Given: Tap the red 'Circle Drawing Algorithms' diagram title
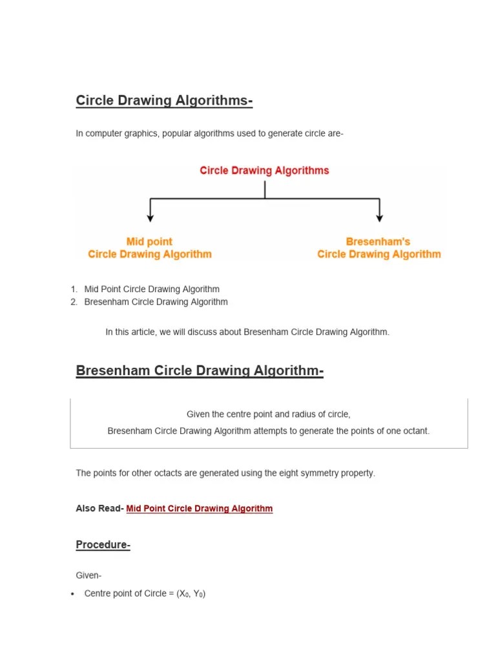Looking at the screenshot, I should [x=264, y=171].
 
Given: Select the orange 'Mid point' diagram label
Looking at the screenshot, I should [x=149, y=241].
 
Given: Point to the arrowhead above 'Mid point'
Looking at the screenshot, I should [x=150, y=218].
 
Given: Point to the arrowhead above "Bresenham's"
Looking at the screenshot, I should [x=379, y=218].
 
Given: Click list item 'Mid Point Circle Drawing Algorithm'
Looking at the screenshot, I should [x=152, y=289].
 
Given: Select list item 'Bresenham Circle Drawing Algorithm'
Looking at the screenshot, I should [x=156, y=302].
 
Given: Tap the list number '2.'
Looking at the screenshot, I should [x=74, y=302].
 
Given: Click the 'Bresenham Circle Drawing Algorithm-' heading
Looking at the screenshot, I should [x=200, y=370].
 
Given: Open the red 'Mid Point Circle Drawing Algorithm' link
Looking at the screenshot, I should [x=200, y=509].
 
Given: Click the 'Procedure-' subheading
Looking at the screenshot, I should [x=103, y=545].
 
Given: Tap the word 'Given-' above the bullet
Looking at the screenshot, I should [x=88, y=575].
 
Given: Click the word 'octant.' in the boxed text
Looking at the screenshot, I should [x=414, y=431].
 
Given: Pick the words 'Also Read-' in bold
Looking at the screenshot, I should [x=99, y=509].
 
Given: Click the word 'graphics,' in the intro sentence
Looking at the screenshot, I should [x=141, y=134].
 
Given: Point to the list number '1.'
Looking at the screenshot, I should [x=74, y=289].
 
